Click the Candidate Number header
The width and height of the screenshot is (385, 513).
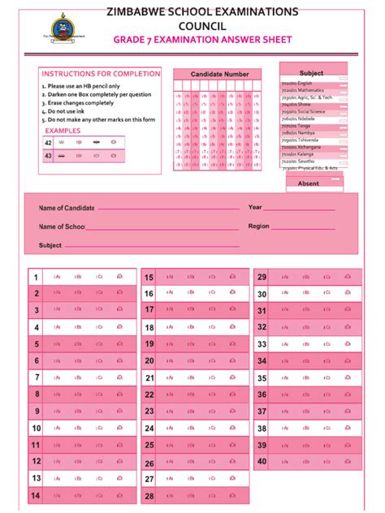coord(219,74)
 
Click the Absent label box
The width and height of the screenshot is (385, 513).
coord(309,183)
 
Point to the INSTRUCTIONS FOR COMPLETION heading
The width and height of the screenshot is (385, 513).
coord(101,73)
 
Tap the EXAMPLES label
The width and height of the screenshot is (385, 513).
coord(63,131)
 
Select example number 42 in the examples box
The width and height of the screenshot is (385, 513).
coord(48,142)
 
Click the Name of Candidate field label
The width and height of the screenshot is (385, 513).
coord(67,208)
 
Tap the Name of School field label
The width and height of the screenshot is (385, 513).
coord(63,227)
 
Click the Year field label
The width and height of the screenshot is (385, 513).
coord(255,207)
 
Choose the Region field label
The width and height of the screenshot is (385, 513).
coord(259,226)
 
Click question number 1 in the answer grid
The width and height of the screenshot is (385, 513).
coord(36,278)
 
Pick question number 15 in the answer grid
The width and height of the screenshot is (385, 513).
coord(149,278)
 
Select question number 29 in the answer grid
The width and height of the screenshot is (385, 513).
coord(262,277)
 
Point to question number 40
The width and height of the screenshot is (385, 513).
coord(262,461)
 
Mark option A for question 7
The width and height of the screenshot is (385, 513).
coord(57,377)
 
